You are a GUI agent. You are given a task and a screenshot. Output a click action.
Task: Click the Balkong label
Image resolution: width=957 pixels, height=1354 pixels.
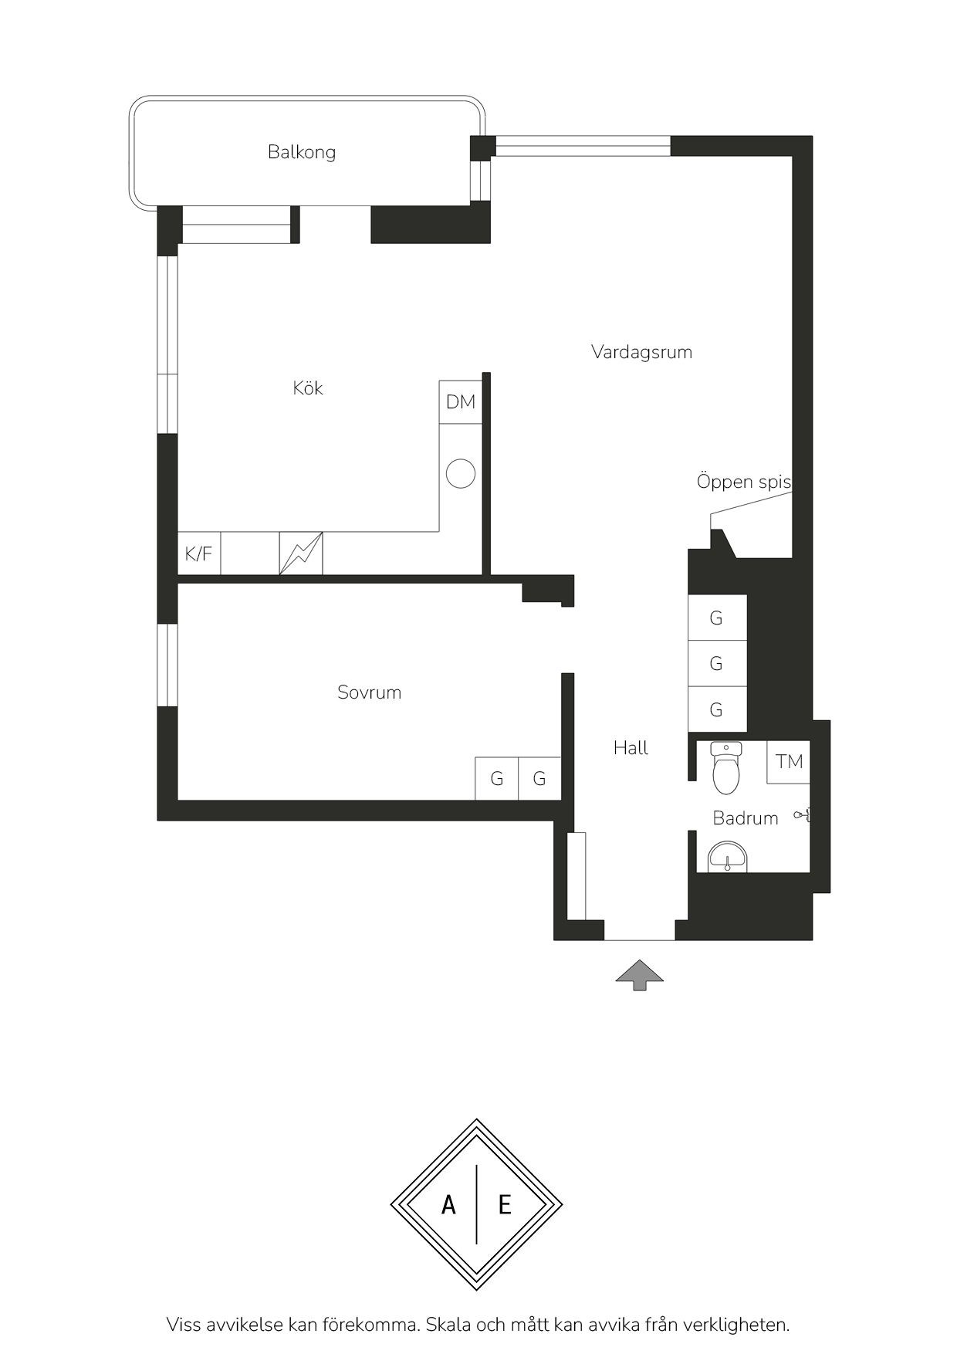pyautogui.click(x=302, y=152)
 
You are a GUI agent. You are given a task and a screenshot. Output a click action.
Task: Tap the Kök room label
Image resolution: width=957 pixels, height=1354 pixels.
pyautogui.click(x=308, y=388)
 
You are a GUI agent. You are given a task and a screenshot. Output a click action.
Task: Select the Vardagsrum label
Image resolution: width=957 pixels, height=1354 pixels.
pyautogui.click(x=641, y=352)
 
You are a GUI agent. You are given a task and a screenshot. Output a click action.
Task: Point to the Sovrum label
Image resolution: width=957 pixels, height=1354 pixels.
pyautogui.click(x=370, y=692)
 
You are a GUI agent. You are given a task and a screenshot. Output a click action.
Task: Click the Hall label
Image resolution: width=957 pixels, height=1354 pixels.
pyautogui.click(x=631, y=747)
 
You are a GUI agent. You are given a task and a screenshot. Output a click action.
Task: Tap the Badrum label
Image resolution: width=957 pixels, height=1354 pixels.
pyautogui.click(x=746, y=818)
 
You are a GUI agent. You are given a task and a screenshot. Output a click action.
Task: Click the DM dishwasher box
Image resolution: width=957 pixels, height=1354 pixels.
pyautogui.click(x=461, y=402)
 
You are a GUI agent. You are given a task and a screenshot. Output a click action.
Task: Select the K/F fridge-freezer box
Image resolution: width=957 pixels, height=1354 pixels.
pyautogui.click(x=199, y=553)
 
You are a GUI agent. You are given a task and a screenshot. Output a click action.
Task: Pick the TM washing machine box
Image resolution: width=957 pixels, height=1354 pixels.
pyautogui.click(x=789, y=762)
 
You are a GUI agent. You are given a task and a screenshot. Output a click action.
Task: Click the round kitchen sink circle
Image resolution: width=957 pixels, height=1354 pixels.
pyautogui.click(x=461, y=473)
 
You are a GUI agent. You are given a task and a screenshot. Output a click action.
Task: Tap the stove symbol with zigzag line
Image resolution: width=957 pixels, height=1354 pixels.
pyautogui.click(x=301, y=553)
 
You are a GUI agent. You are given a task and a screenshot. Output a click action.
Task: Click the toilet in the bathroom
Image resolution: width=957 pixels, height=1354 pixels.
pyautogui.click(x=726, y=767)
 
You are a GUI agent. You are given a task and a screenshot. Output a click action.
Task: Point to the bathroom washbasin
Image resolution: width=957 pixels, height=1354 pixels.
pyautogui.click(x=728, y=858)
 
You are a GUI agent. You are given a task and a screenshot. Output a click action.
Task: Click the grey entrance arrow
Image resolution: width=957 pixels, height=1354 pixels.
pyautogui.click(x=639, y=975)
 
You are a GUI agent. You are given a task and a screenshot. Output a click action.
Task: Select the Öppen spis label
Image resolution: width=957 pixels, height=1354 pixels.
pyautogui.click(x=744, y=482)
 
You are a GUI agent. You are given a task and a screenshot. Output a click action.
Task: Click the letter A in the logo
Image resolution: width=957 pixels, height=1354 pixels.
pyautogui.click(x=448, y=1204)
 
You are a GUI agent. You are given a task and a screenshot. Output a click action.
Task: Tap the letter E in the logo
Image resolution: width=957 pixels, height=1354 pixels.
pyautogui.click(x=505, y=1204)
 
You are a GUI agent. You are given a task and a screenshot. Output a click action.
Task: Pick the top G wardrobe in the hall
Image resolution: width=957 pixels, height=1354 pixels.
pyautogui.click(x=717, y=618)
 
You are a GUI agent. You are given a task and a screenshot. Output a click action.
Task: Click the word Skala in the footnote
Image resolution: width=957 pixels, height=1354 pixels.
pyautogui.click(x=448, y=1325)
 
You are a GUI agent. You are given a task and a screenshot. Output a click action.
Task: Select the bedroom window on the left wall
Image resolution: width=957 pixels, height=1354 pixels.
pyautogui.click(x=167, y=665)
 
